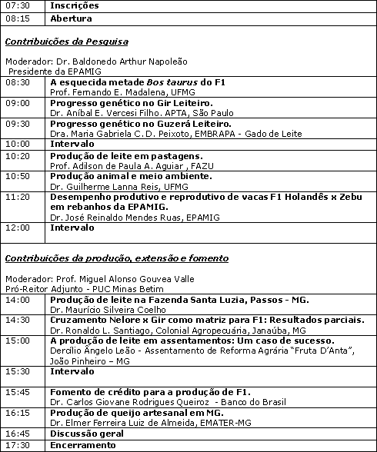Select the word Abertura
pyautogui.click(x=71, y=18)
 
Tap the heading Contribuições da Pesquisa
pyautogui.click(x=66, y=42)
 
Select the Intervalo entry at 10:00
pyautogui.click(x=72, y=144)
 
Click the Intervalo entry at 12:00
pyautogui.click(x=72, y=228)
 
